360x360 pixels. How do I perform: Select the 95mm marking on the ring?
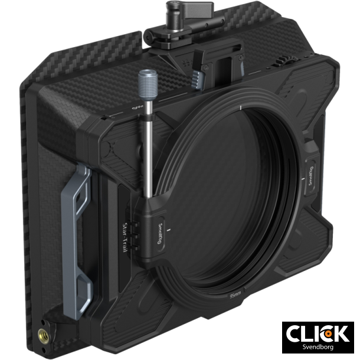[235, 293]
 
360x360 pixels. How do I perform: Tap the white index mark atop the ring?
[241, 107]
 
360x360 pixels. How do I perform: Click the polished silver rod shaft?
[148, 148]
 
